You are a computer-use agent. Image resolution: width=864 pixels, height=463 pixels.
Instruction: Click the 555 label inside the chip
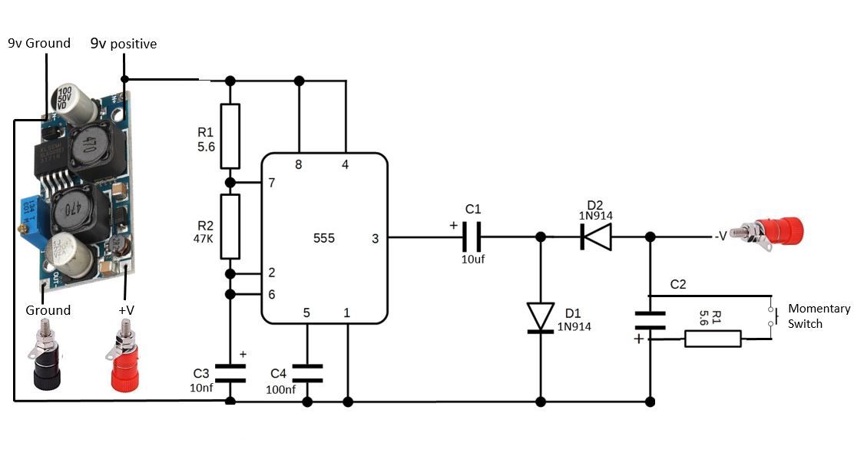pyautogui.click(x=324, y=239)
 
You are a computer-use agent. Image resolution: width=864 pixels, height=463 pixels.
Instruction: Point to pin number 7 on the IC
pyautogui.click(x=270, y=183)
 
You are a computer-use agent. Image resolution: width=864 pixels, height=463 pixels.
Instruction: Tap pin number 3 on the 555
pyautogui.click(x=375, y=239)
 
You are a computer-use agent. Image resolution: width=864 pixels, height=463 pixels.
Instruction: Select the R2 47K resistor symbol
pyautogui.click(x=230, y=227)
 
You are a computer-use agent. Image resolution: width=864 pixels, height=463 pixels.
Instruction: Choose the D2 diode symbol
pyautogui.click(x=596, y=237)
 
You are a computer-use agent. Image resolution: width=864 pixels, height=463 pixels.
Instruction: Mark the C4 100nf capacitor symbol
pyautogui.click(x=307, y=373)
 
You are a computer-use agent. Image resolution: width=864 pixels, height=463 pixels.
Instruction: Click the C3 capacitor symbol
pyautogui.click(x=230, y=373)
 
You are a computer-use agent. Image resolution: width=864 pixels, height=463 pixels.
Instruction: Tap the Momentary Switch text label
pyautogui.click(x=819, y=316)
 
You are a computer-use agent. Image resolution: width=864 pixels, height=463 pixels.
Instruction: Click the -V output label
pyautogui.click(x=720, y=236)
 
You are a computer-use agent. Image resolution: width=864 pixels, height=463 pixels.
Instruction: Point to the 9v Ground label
pyautogui.click(x=38, y=43)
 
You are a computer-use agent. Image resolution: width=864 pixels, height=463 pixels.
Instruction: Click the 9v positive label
pyautogui.click(x=124, y=44)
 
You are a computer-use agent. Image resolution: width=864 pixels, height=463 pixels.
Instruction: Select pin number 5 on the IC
pyautogui.click(x=306, y=313)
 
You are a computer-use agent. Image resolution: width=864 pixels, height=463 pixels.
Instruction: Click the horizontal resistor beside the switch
pyautogui.click(x=713, y=339)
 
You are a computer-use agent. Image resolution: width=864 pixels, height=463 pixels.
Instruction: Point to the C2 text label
pyautogui.click(x=678, y=284)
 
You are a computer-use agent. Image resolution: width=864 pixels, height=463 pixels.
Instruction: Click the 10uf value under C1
pyautogui.click(x=473, y=259)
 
